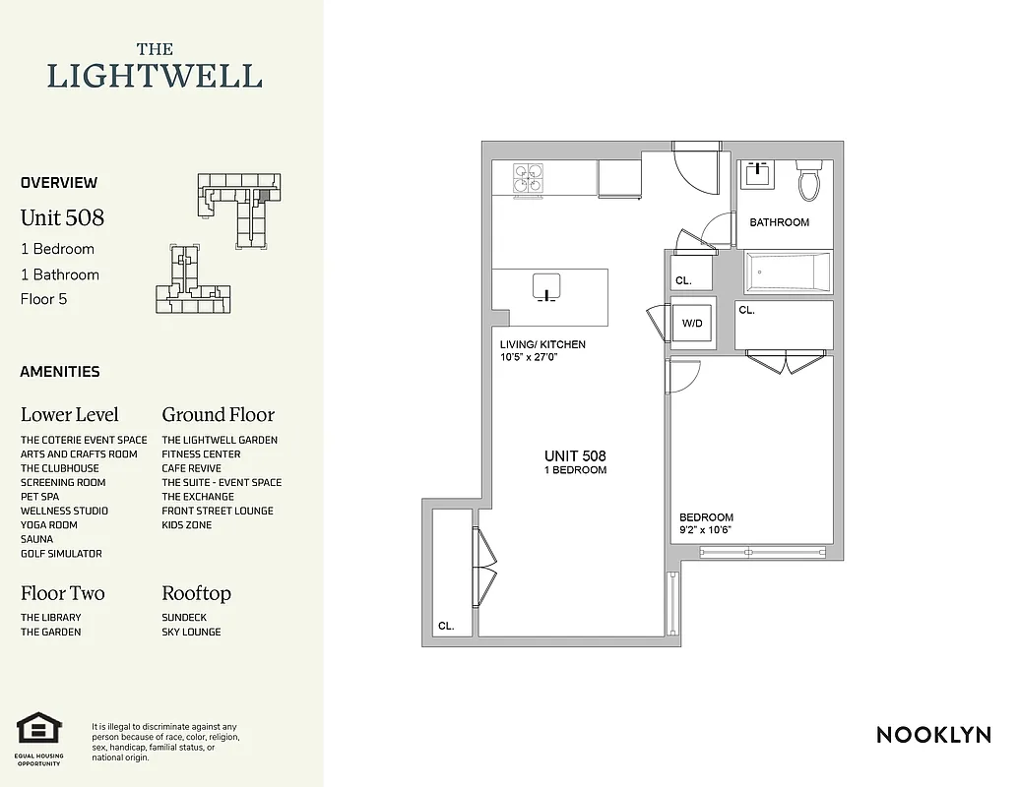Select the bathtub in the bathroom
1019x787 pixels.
point(788,272)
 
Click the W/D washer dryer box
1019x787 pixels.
point(692,323)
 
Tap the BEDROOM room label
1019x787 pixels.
point(706,517)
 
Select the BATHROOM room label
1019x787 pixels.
point(779,222)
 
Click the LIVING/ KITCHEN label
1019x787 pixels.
point(542,344)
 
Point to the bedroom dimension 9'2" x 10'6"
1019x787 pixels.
point(706,530)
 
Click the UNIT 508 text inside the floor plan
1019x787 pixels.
point(575,456)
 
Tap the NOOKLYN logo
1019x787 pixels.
point(932,735)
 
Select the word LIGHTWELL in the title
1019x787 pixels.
point(155,76)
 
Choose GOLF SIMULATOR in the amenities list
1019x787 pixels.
point(61,554)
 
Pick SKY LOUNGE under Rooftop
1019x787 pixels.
point(191,632)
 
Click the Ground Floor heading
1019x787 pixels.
point(218,414)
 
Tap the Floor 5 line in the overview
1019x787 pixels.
point(43,299)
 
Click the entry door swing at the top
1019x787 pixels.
point(697,167)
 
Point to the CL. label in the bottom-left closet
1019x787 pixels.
point(446,626)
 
